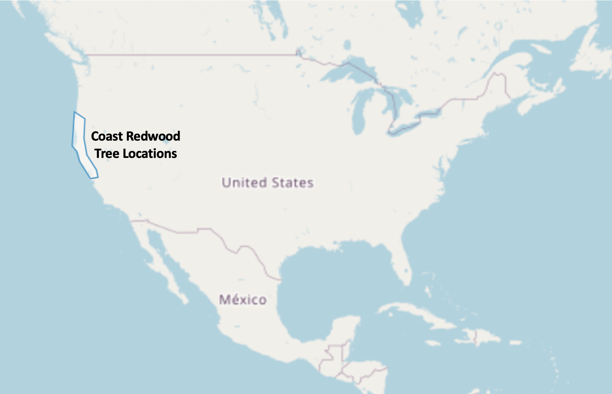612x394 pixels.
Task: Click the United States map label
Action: point(267,183)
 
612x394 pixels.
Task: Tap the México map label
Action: point(243,300)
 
